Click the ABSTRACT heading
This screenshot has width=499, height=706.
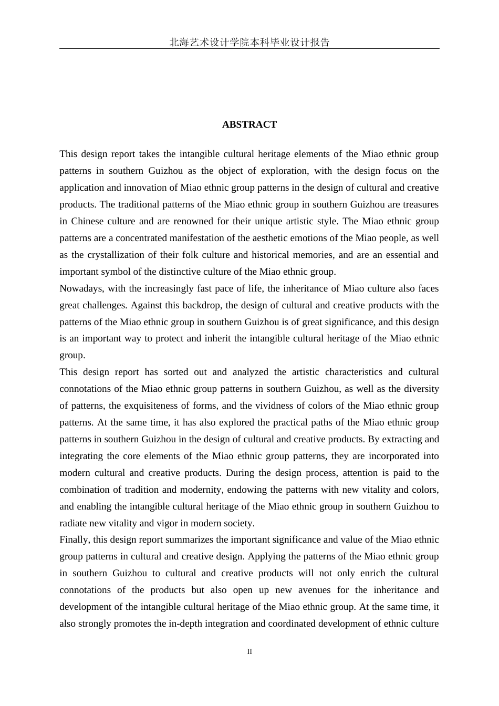coord(249,124)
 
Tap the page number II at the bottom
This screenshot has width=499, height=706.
coord(250,651)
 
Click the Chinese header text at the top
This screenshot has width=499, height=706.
coord(249,43)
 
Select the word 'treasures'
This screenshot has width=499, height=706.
coord(419,204)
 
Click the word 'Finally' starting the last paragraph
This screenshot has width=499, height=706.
coord(74,539)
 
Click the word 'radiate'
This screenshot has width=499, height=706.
coord(74,523)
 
